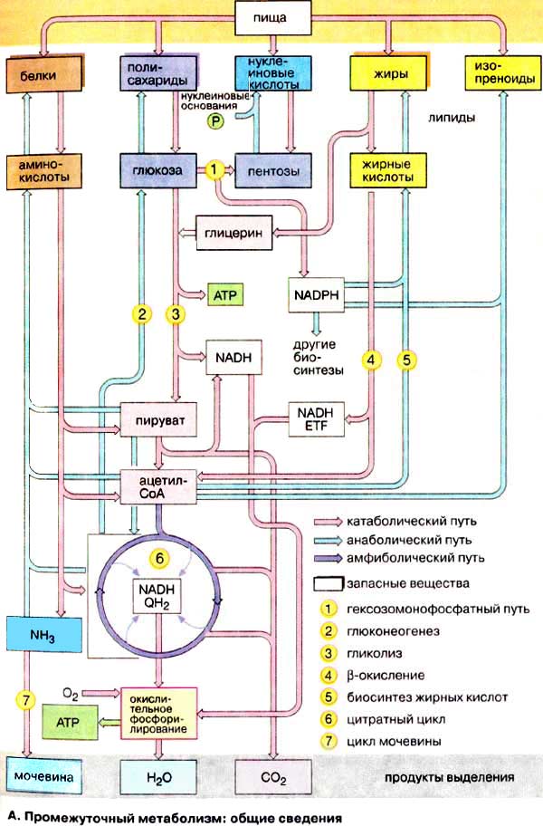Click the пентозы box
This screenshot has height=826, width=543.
coord(268,168)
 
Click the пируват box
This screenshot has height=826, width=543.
coord(158,422)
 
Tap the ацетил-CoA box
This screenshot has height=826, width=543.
coord(158,487)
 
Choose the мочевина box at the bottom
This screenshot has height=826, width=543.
coord(35,777)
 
